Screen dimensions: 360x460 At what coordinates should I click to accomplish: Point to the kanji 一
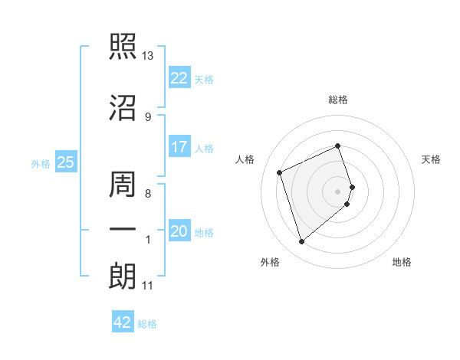[122, 231]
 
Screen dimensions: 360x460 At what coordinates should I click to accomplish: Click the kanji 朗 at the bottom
[122, 277]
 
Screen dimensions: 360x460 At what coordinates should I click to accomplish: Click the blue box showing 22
[179, 77]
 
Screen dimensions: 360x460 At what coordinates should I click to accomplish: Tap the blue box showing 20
[179, 231]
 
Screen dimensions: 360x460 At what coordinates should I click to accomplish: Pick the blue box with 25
[66, 162]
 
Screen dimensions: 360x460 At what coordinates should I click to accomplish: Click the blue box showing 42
[123, 322]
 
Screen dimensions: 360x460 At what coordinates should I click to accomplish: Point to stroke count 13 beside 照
[148, 56]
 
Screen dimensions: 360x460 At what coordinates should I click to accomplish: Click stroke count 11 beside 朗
[148, 286]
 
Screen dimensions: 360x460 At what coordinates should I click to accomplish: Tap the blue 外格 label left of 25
[41, 163]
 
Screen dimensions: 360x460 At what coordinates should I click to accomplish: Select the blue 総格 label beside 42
[147, 324]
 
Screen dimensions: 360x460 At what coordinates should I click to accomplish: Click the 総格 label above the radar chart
[338, 100]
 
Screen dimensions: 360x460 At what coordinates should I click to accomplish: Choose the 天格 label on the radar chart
[432, 159]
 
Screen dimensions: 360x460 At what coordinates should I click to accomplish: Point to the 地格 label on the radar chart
[402, 262]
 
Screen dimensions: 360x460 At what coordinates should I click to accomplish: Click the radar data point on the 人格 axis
[280, 172]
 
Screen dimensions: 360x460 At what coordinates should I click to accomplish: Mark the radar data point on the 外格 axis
[301, 242]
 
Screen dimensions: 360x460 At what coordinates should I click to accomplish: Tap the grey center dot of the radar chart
[338, 191]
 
